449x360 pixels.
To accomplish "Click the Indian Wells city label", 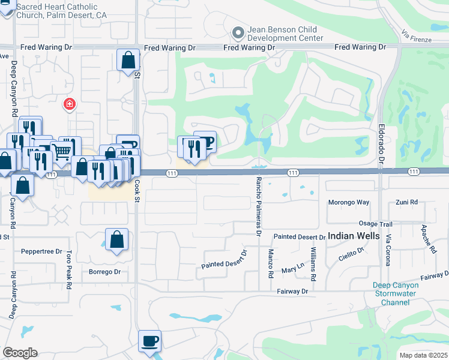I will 354,236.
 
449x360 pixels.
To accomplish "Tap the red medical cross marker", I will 70,104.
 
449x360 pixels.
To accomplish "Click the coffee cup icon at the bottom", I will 149,341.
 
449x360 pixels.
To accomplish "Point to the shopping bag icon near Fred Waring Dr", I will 128,60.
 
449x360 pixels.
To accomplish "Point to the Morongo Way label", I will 349,203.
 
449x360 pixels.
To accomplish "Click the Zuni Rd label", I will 407,203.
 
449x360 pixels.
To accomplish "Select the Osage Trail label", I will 376,223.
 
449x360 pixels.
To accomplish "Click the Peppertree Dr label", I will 41,251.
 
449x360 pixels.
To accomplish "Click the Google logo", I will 20,353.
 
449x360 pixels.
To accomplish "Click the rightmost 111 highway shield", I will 414,172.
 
